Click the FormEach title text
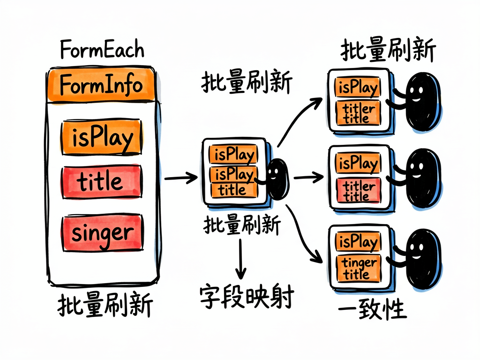[x=102, y=49]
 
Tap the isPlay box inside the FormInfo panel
[x=102, y=137]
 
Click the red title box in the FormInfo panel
[x=102, y=181]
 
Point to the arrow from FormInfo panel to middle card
[x=181, y=178]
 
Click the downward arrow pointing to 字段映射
[x=240, y=259]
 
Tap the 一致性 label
[x=372, y=309]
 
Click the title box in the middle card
[x=234, y=190]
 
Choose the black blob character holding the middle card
[x=277, y=179]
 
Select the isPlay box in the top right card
[x=357, y=88]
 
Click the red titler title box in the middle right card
[x=358, y=191]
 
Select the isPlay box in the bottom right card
[x=357, y=242]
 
